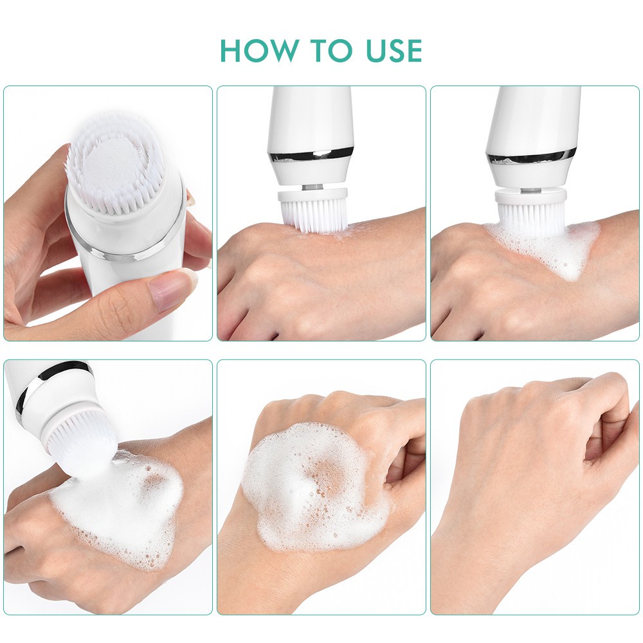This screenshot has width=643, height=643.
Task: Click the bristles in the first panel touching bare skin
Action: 314,216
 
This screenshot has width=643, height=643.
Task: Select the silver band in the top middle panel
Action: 311,154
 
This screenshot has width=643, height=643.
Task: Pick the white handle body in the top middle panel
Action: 311,116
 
